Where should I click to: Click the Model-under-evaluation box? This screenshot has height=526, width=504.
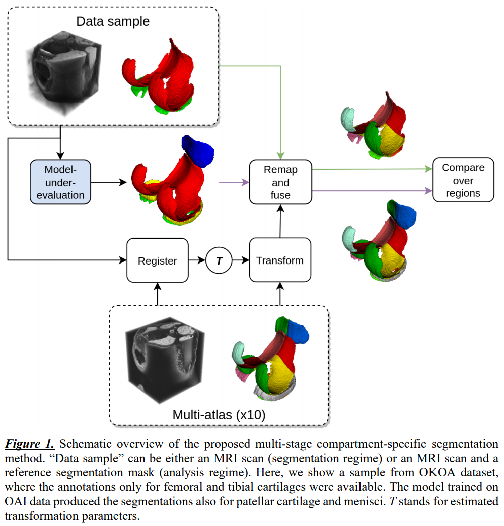60,182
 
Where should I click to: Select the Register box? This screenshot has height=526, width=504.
158,260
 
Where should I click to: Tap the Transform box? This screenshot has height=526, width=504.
280,260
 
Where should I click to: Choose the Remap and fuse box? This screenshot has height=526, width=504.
280,182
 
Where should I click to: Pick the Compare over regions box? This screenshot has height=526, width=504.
463,181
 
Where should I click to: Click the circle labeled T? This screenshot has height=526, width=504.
219,260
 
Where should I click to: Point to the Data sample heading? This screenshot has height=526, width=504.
113,22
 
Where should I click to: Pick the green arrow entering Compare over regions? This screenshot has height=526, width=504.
373,169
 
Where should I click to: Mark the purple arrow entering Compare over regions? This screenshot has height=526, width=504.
373,191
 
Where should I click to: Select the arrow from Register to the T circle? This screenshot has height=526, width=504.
197,260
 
